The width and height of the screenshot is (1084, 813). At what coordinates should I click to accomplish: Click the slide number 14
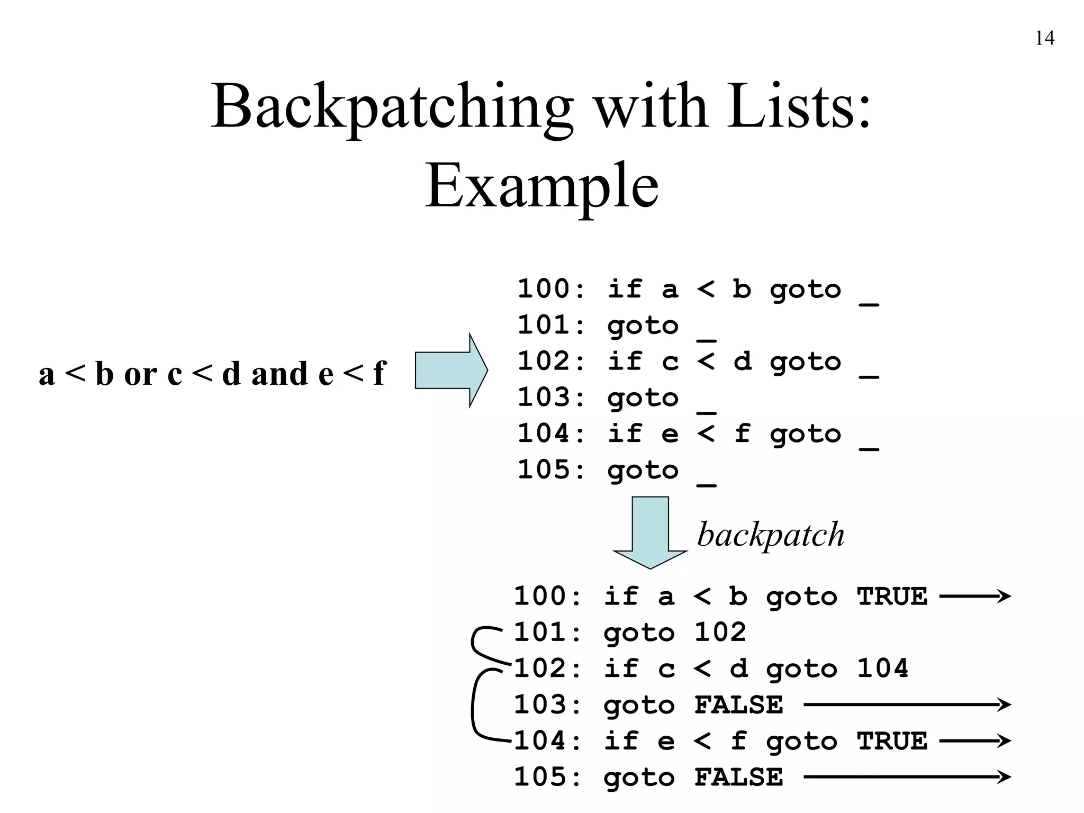[1044, 38]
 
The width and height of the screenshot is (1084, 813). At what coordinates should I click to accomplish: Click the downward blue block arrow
[650, 532]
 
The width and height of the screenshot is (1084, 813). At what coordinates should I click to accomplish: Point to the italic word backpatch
[771, 535]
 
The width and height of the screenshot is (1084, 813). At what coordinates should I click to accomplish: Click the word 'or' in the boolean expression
[140, 374]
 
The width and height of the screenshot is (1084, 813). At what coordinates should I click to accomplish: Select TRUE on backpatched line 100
[892, 597]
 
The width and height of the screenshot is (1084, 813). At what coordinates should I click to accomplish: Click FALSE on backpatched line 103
[738, 705]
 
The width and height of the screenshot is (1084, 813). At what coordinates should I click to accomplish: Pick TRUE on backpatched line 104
[892, 741]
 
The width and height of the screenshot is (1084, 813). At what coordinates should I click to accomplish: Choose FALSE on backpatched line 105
[738, 778]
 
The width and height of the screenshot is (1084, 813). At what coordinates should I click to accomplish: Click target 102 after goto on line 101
[720, 633]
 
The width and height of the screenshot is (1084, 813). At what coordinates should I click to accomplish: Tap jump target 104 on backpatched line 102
[882, 669]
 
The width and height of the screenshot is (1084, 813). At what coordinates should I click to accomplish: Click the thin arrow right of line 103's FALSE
[907, 704]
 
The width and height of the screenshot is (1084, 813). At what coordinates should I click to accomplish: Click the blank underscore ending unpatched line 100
[869, 304]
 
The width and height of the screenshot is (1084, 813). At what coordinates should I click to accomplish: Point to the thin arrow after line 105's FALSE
[907, 777]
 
